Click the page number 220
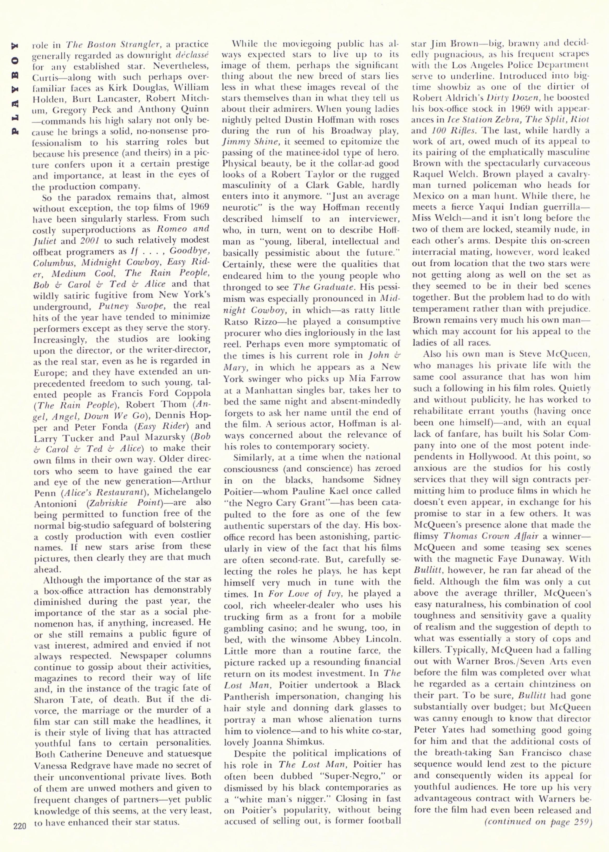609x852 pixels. [20, 837]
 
